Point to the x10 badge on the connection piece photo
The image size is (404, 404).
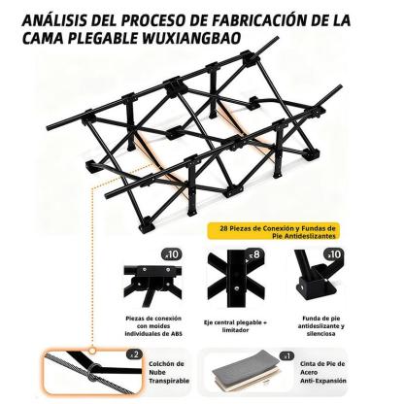click(x=172, y=254)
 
